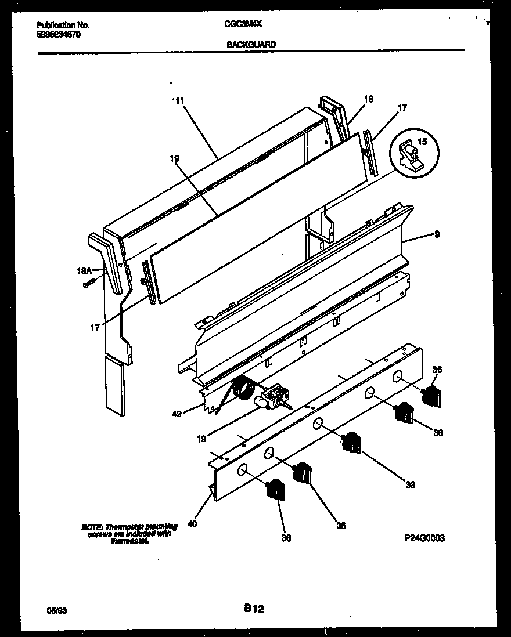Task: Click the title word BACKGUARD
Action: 251,44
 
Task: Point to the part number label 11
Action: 179,101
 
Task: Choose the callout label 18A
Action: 85,270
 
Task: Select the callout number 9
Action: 436,235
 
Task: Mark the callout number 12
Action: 201,439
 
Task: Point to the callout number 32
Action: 410,485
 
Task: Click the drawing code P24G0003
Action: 424,538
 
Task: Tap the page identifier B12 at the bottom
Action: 254,609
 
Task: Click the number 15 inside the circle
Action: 422,141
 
